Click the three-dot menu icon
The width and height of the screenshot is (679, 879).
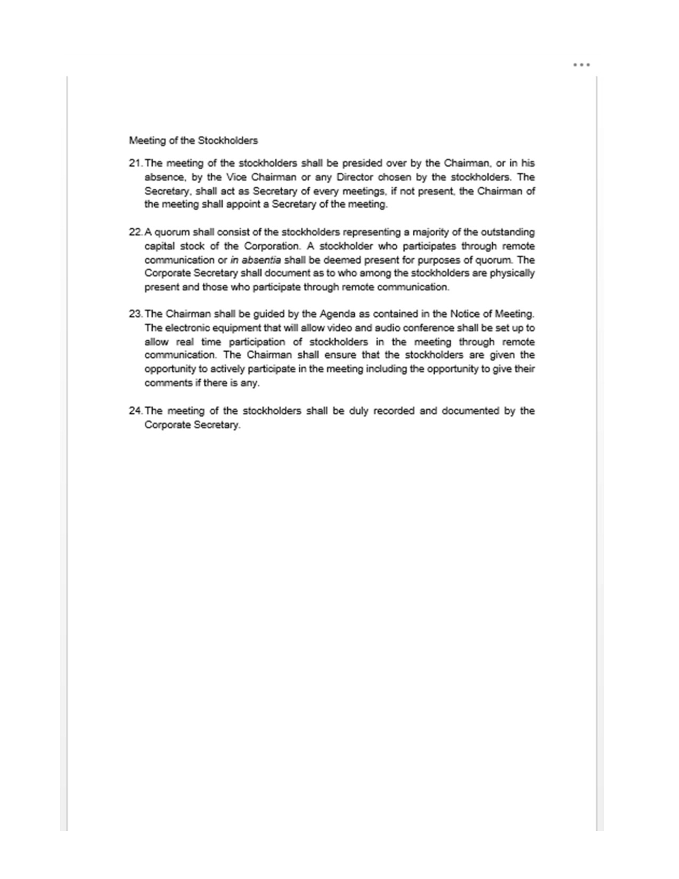[582, 65]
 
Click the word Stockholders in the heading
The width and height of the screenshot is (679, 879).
[228, 141]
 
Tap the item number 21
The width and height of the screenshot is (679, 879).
[135, 164]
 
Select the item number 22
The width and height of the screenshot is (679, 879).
[135, 232]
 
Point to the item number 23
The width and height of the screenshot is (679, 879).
[135, 314]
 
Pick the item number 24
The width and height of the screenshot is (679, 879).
[135, 411]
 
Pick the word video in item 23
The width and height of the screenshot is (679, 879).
[339, 328]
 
